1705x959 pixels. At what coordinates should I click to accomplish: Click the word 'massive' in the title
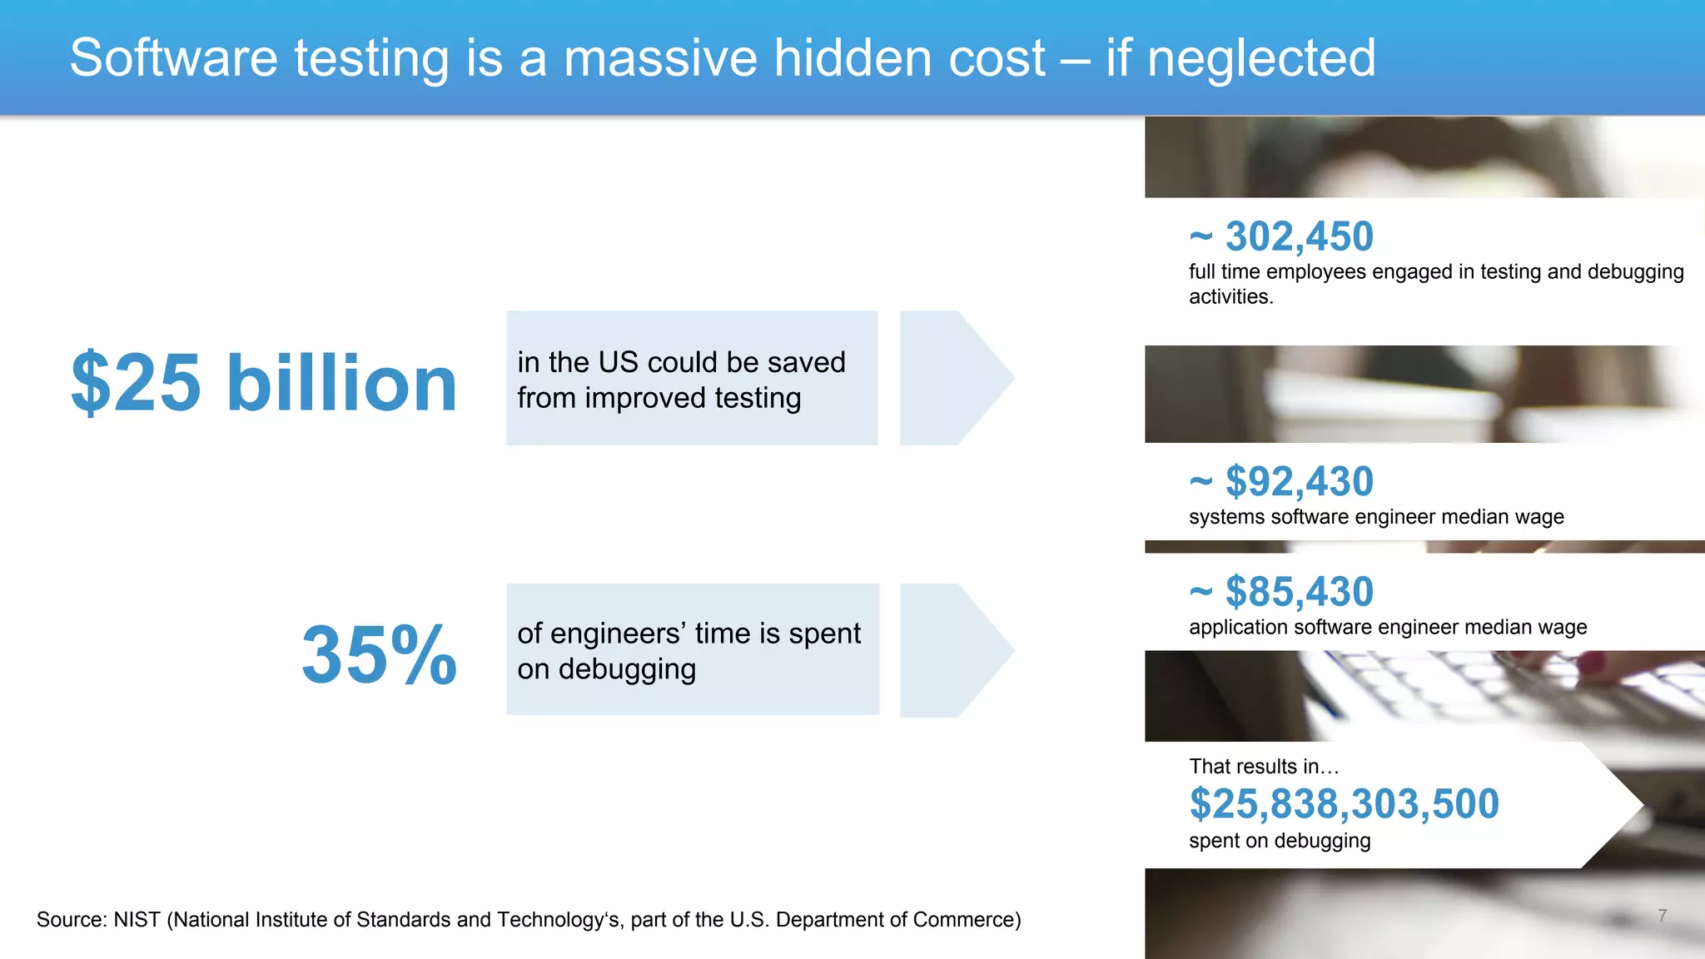660,58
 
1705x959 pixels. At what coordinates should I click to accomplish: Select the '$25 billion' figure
264,383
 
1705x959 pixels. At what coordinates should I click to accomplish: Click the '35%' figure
379,655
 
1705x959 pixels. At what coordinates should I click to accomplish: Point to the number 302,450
1299,236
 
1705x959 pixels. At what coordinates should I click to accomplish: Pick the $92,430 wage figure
1299,481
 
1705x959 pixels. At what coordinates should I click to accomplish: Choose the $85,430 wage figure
1299,592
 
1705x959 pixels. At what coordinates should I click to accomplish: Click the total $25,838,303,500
1344,804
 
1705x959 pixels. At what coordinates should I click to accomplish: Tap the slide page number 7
1662,916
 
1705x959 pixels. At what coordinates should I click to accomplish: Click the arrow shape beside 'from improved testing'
956,378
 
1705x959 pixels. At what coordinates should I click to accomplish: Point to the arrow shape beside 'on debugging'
956,650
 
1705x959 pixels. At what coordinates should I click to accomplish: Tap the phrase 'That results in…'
1263,767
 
